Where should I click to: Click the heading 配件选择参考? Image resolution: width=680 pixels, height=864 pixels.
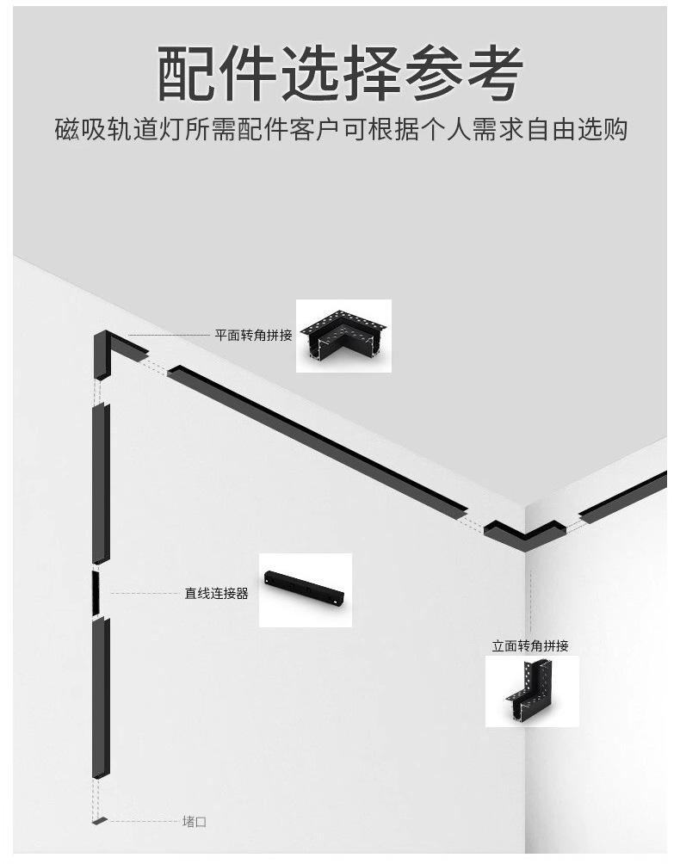click(x=340, y=72)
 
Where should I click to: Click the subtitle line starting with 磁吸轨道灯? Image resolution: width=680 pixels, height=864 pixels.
click(x=340, y=129)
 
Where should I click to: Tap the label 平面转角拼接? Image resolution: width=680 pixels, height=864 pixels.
click(x=253, y=335)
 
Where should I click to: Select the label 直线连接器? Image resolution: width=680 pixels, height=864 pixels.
click(x=216, y=593)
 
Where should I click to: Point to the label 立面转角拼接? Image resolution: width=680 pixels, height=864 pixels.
click(x=530, y=645)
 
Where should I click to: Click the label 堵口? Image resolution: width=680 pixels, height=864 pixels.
click(x=195, y=822)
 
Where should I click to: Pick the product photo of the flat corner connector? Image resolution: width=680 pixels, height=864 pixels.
click(x=343, y=336)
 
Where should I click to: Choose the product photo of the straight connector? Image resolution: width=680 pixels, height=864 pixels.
click(x=306, y=589)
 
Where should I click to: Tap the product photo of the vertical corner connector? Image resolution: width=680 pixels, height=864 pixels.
click(x=532, y=691)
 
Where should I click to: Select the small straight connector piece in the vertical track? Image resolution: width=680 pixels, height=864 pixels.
click(x=100, y=592)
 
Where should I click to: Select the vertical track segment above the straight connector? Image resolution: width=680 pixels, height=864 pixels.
click(x=101, y=482)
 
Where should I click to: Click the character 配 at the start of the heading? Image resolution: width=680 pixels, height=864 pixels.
click(x=184, y=72)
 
